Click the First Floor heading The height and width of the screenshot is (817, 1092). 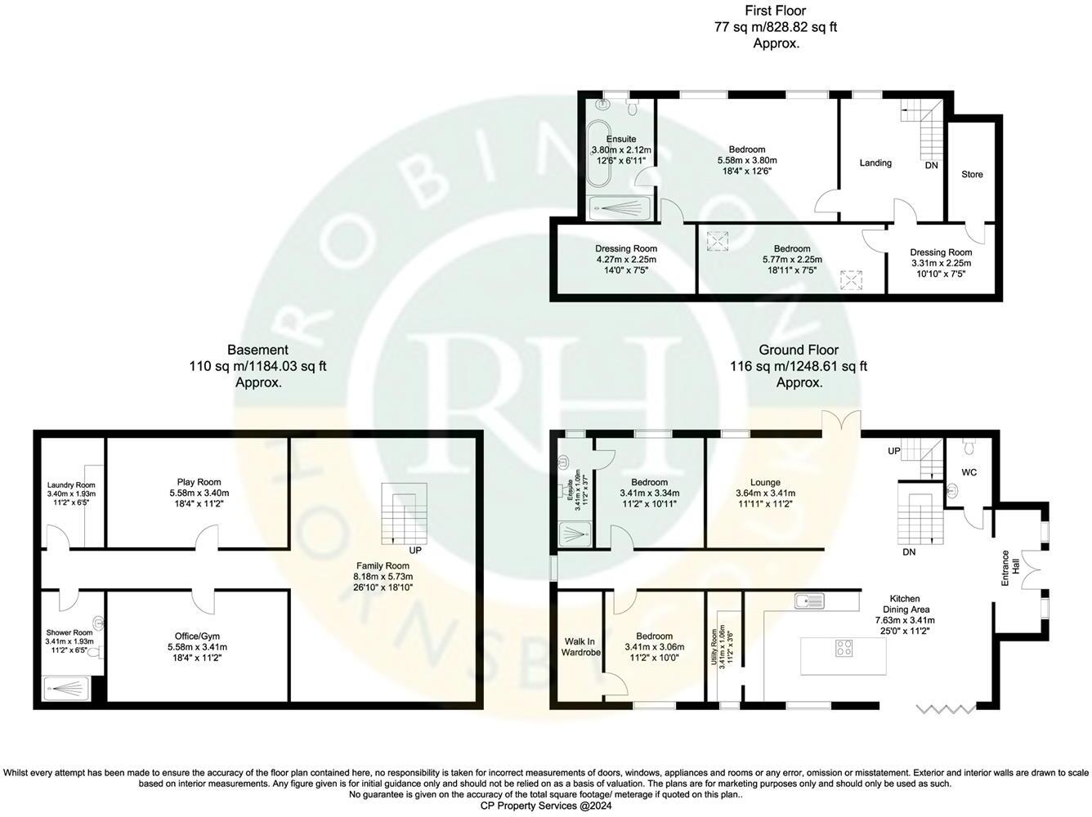(775, 11)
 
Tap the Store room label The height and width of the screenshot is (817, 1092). (972, 174)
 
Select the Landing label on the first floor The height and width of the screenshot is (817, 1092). (875, 163)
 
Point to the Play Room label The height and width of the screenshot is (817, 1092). (199, 482)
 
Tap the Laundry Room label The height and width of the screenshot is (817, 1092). (71, 485)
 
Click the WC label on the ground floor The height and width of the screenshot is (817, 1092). (969, 472)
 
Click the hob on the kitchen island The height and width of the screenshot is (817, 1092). (844, 649)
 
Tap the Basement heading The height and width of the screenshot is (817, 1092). (257, 350)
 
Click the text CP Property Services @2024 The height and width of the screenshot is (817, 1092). (545, 806)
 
